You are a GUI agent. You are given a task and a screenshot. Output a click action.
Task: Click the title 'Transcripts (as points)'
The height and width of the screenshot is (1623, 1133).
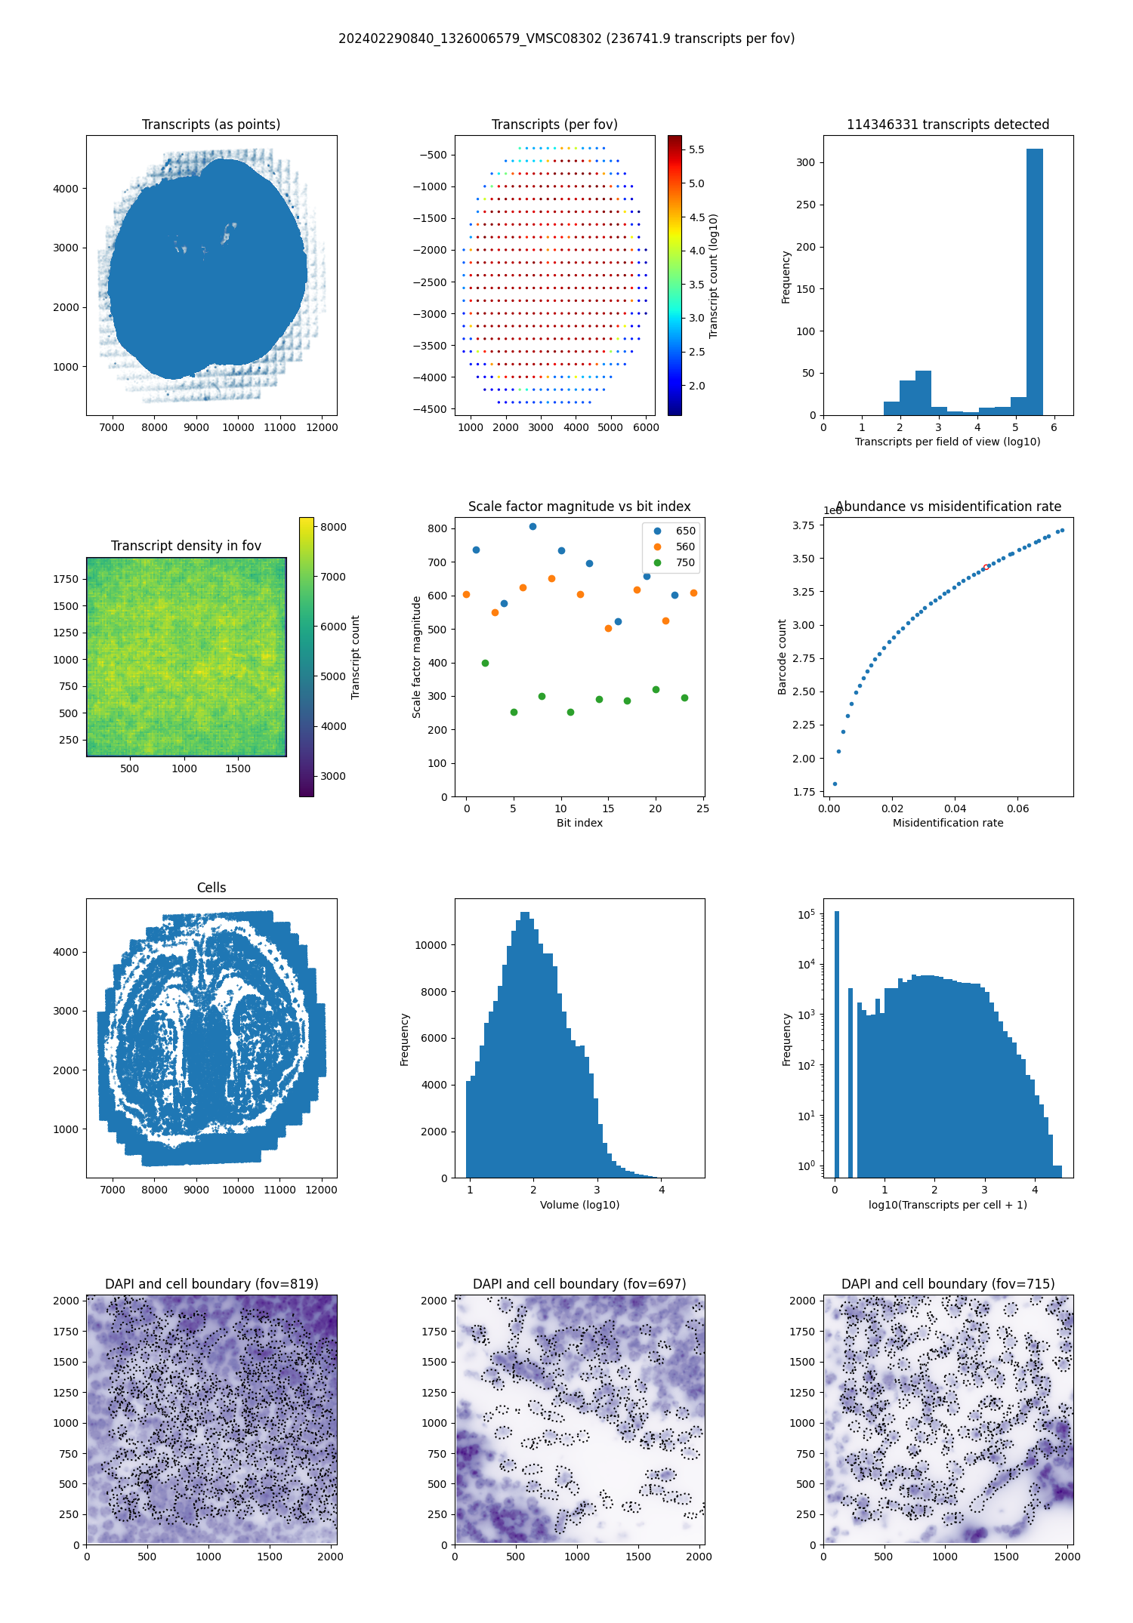211,125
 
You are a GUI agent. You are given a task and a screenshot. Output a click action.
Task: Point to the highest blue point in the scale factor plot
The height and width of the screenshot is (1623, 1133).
533,527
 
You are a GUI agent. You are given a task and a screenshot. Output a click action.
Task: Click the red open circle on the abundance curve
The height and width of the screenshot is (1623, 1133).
986,567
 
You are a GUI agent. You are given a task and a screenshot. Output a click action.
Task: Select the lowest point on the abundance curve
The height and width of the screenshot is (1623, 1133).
835,784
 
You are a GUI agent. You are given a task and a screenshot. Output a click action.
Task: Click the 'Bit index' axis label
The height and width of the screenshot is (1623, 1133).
579,823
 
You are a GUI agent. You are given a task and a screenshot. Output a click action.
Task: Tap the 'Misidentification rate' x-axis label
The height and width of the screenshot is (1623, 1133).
948,823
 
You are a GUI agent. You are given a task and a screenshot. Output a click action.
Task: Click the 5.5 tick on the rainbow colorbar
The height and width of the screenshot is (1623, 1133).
696,149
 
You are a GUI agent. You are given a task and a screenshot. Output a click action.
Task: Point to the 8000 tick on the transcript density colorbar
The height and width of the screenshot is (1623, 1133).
332,527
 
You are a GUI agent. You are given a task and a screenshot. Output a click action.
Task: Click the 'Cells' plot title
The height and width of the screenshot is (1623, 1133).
211,888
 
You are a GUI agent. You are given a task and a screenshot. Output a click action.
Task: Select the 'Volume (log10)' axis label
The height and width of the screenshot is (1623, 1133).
579,1205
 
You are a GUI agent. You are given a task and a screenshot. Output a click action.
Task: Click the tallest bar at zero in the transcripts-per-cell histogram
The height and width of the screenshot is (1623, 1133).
836,1042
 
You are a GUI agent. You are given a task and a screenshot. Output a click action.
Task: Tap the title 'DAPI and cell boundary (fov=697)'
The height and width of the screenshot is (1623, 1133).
579,1284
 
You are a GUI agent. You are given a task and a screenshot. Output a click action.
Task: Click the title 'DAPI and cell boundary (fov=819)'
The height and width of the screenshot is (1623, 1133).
211,1284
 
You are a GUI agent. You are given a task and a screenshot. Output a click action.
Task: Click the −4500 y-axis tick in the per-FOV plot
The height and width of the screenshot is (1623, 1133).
433,409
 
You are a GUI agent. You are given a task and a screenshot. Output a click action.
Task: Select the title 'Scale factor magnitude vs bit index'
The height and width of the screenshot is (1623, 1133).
579,507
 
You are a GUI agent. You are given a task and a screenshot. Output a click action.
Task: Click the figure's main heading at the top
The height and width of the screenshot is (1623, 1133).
566,38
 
